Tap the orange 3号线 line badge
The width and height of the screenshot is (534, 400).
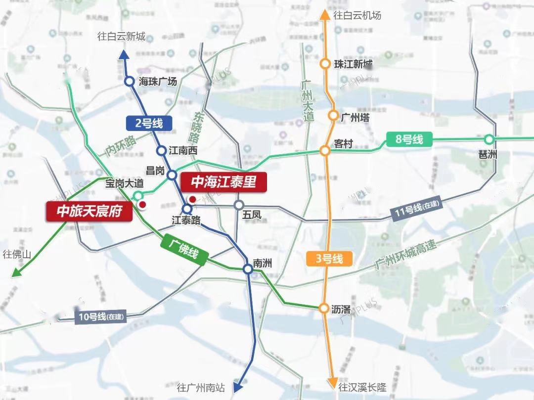[x=328, y=259]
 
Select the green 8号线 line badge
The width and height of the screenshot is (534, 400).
[x=409, y=139]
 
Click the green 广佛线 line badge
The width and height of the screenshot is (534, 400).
[x=183, y=249]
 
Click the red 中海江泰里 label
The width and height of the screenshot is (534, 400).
[x=223, y=182]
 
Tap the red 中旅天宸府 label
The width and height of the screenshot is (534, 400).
[x=89, y=212]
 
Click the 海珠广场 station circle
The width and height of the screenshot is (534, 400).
[x=129, y=82]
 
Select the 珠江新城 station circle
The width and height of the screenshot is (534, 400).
[x=325, y=64]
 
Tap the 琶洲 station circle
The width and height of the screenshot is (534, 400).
[x=489, y=139]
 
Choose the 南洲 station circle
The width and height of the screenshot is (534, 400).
[x=248, y=269]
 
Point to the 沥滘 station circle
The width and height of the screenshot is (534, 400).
[x=324, y=309]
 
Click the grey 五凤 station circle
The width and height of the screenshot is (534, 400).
[x=239, y=205]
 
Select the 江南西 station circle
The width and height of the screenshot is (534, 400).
[x=161, y=150]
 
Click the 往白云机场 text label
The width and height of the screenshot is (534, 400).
[x=357, y=15]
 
